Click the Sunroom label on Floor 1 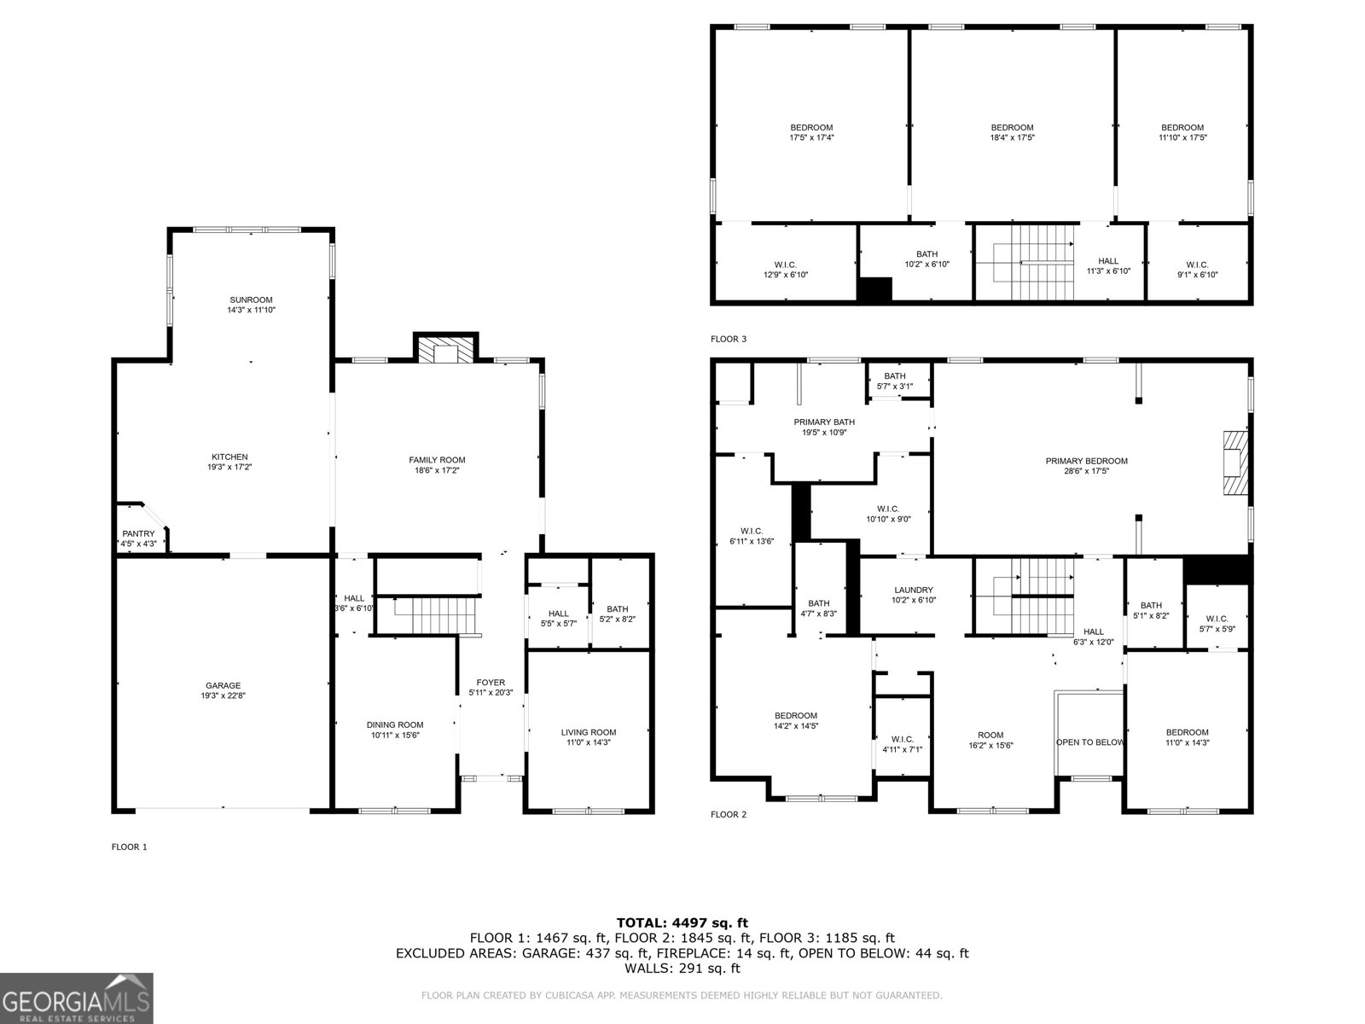click(x=251, y=300)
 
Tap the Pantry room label click(x=138, y=533)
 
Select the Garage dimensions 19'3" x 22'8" click(x=223, y=696)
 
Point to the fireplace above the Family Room click(x=445, y=352)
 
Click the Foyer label click(x=491, y=682)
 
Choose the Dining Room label click(x=395, y=724)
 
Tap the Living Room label click(x=588, y=732)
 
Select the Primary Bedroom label click(x=1086, y=461)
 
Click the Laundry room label click(x=914, y=590)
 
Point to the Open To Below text click(x=1089, y=742)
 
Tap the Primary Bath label click(x=823, y=422)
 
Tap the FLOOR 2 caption click(x=728, y=814)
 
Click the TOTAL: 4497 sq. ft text click(x=682, y=922)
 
